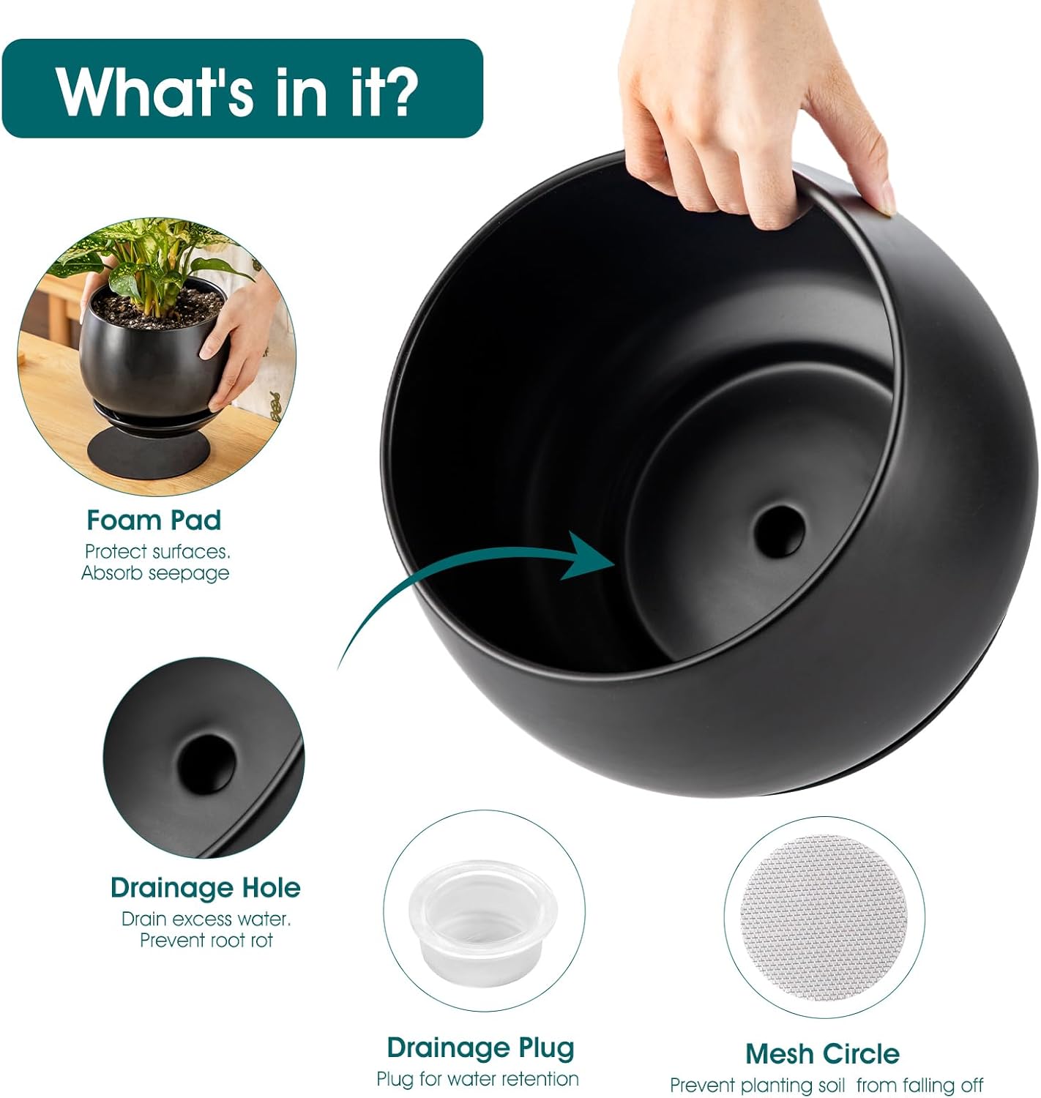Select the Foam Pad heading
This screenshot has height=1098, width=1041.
click(154, 520)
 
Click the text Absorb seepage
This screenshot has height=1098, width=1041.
click(155, 573)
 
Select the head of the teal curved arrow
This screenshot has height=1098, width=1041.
click(586, 556)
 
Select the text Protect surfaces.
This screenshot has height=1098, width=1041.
click(157, 552)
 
